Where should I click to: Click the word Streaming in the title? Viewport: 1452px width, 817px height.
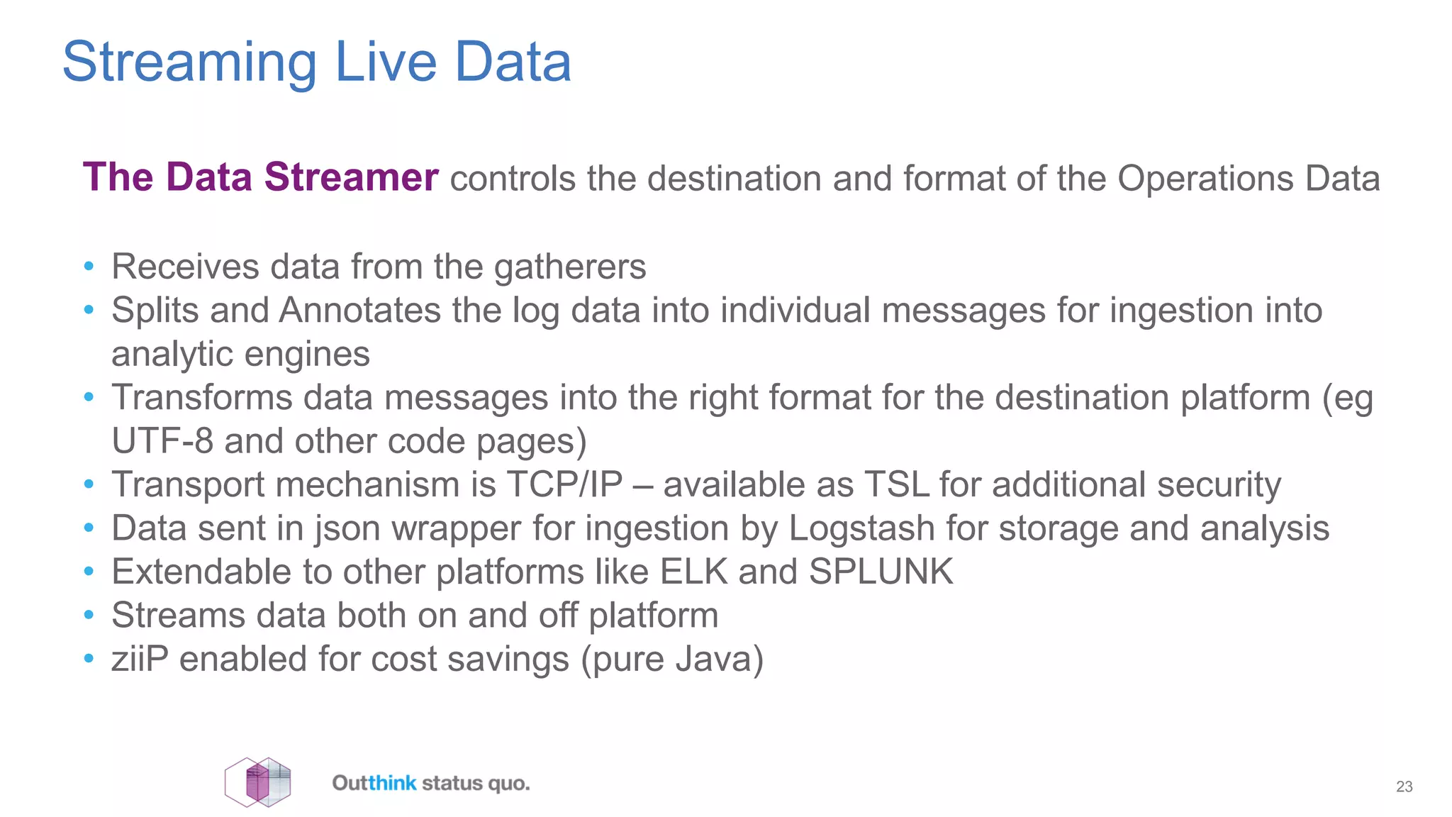189,62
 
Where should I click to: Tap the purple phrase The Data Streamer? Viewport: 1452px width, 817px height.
260,177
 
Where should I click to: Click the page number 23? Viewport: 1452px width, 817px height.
1404,787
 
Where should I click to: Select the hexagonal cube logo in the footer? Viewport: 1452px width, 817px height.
258,782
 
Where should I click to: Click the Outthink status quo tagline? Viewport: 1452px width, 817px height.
431,784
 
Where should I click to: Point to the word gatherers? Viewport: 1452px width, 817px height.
570,268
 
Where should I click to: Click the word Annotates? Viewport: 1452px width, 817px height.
360,311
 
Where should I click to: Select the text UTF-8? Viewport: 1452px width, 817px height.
162,441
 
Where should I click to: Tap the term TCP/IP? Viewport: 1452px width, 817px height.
564,485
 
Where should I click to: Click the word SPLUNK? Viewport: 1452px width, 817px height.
881,572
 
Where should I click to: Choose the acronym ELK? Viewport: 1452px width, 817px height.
693,572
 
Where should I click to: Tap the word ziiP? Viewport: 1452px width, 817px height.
140,659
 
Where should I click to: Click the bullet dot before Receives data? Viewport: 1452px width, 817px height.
89,267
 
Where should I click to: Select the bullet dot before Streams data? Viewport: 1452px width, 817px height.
89,616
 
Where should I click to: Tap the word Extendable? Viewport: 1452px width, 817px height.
201,572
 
